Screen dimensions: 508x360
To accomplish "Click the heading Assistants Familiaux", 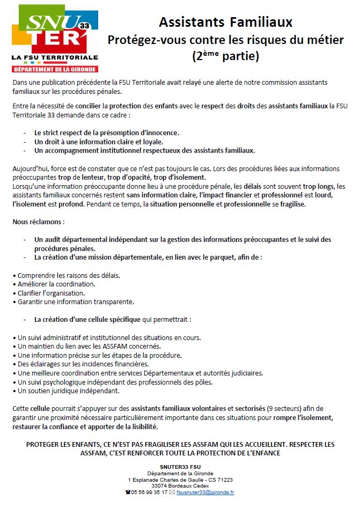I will pyautogui.click(x=225, y=22).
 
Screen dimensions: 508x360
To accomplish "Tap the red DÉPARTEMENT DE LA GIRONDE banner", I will pyautogui.click(x=55, y=69).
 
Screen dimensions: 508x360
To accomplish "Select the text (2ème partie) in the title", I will pyautogui.click(x=225, y=55).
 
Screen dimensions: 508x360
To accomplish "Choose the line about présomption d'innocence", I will pyautogui.click(x=106, y=132).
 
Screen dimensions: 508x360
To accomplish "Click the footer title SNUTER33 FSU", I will pyautogui.click(x=180, y=467).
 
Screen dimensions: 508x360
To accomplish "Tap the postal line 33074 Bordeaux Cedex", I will pyautogui.click(x=180, y=485).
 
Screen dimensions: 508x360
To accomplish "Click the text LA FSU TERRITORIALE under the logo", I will pyautogui.click(x=55, y=57).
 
